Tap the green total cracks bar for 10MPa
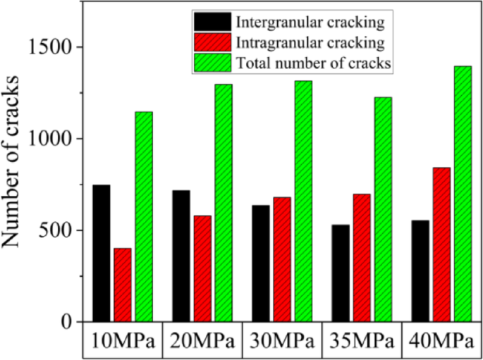[x=144, y=216]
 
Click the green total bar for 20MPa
[x=224, y=203]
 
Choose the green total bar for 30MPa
[x=303, y=201]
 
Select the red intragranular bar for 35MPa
[x=362, y=258]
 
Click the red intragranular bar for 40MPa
[x=441, y=244]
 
